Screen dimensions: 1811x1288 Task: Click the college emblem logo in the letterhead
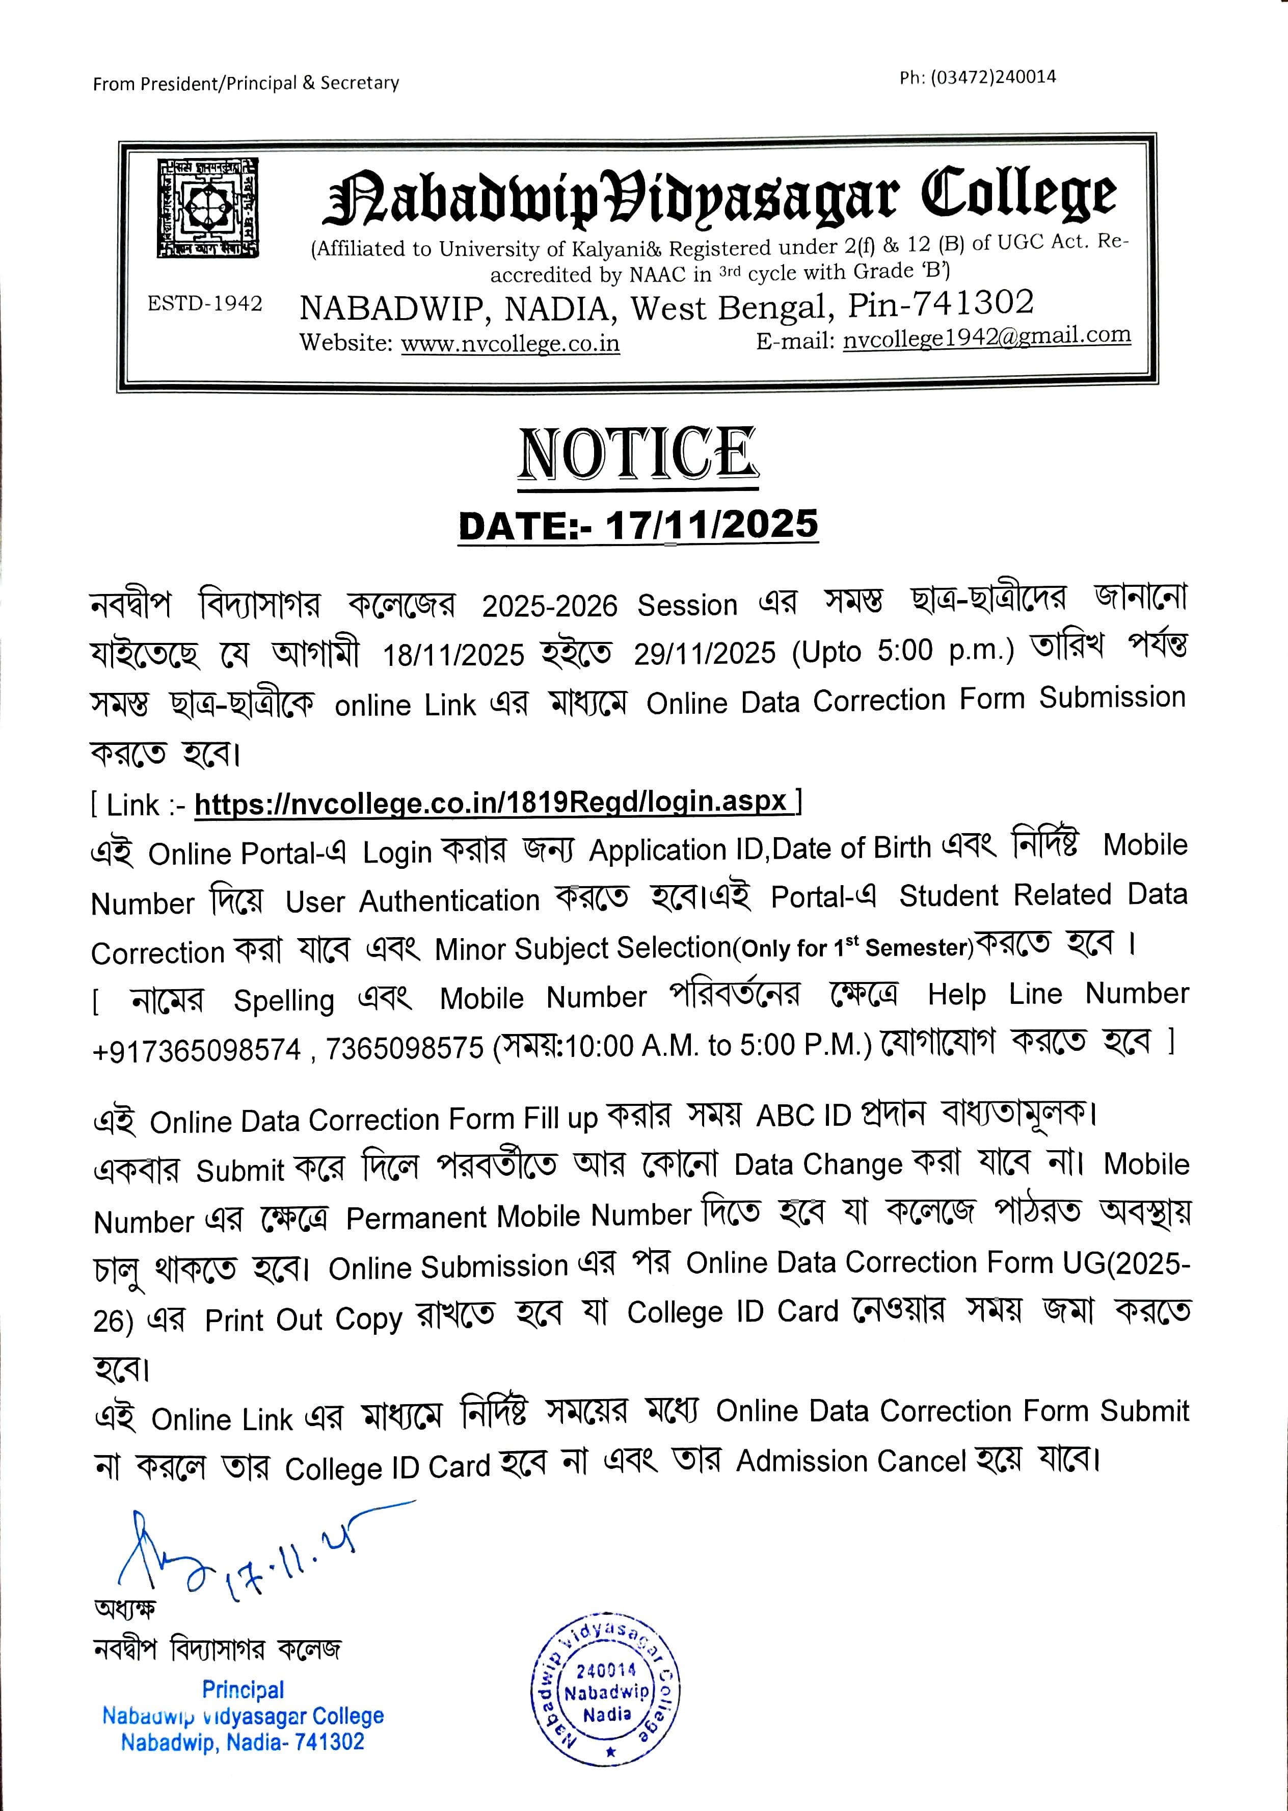pyautogui.click(x=208, y=208)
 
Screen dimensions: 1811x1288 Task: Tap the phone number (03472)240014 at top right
pyautogui.click(x=977, y=77)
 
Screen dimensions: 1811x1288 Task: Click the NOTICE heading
pyautogui.click(x=638, y=453)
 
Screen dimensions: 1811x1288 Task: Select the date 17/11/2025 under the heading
pyautogui.click(x=711, y=525)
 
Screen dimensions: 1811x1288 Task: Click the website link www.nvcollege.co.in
pyautogui.click(x=510, y=344)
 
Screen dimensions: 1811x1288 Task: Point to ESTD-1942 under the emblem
pyautogui.click(x=205, y=304)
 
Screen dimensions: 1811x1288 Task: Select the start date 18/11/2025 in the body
pyautogui.click(x=453, y=655)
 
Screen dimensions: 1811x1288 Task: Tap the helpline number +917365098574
pyautogui.click(x=197, y=1050)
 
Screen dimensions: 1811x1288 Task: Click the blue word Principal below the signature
pyautogui.click(x=243, y=1690)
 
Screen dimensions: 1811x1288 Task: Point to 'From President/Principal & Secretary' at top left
pyautogui.click(x=246, y=83)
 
